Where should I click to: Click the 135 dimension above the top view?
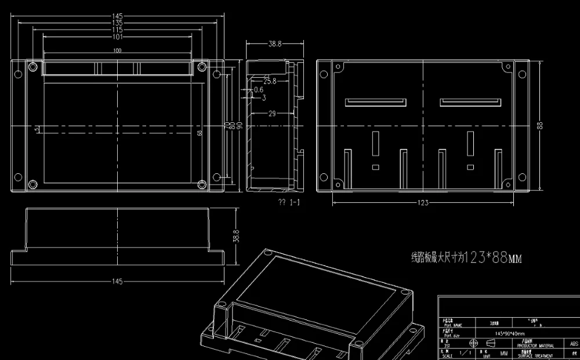click(x=117, y=23)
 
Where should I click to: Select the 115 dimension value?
click(x=117, y=30)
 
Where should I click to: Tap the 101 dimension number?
click(x=117, y=37)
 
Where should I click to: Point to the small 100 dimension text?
click(x=117, y=51)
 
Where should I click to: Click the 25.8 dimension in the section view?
click(x=270, y=82)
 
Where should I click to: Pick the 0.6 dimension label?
click(x=259, y=90)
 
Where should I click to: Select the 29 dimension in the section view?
click(x=271, y=114)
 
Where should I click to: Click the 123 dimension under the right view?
click(x=423, y=203)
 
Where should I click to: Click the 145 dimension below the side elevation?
click(x=117, y=282)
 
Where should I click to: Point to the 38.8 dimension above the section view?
click(x=275, y=44)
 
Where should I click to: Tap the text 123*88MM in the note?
click(x=494, y=257)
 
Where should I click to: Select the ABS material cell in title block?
click(x=574, y=344)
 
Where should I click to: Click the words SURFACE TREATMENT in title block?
click(x=534, y=355)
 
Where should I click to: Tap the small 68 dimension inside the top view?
click(x=200, y=133)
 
